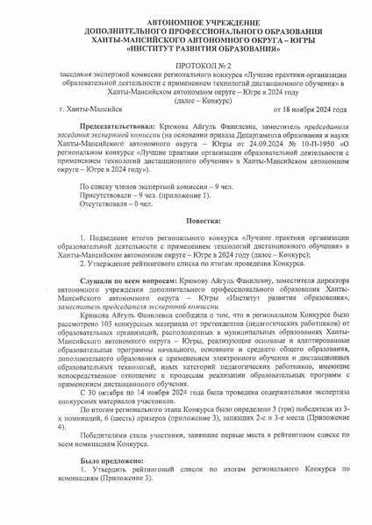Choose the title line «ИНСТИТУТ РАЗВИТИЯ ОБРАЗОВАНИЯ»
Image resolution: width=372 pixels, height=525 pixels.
pyautogui.click(x=186, y=46)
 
